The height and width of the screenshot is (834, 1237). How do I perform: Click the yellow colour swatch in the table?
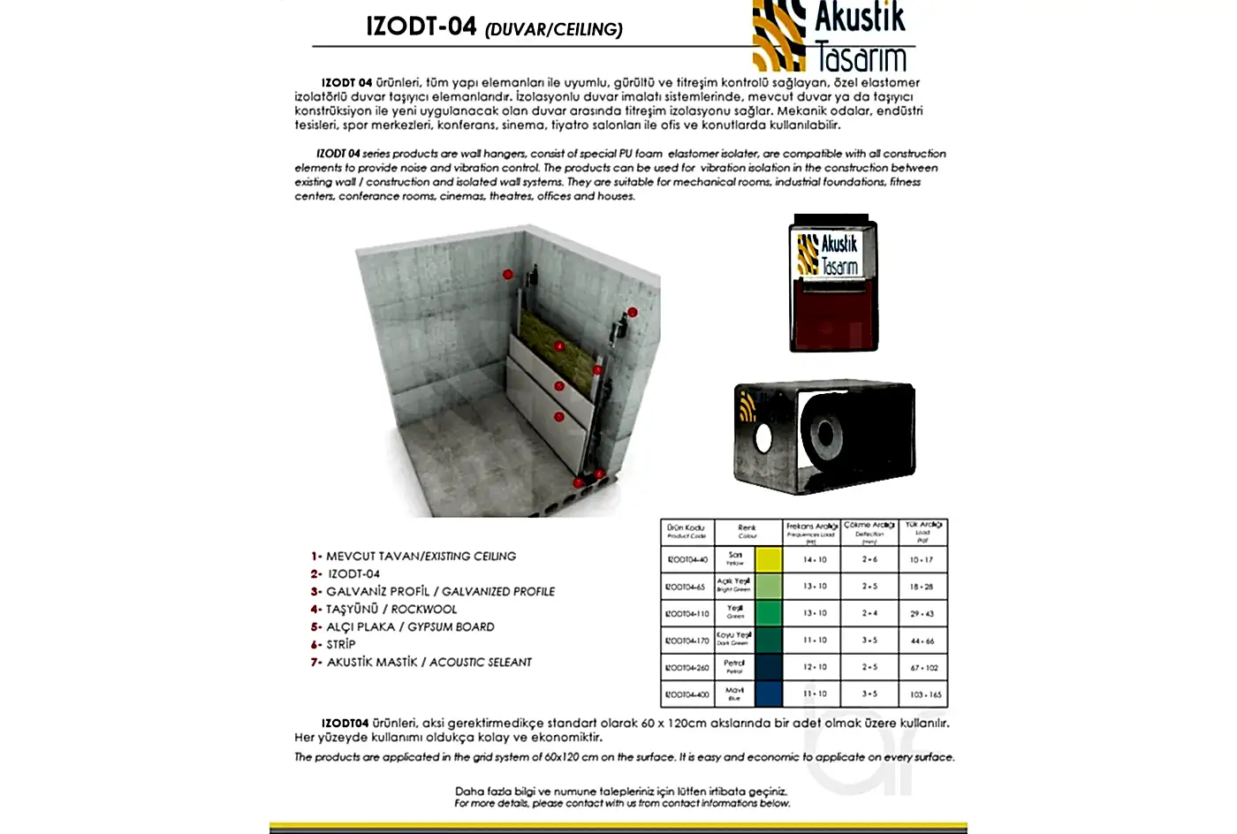[x=769, y=559]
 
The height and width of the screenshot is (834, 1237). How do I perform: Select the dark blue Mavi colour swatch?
[x=769, y=694]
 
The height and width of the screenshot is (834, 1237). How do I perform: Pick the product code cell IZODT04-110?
[x=687, y=613]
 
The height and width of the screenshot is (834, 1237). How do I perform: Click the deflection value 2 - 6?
[x=869, y=559]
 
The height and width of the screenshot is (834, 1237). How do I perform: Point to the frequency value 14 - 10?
[x=815, y=559]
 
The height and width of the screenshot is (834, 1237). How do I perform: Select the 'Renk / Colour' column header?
[x=748, y=531]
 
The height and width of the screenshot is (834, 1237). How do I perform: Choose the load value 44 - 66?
[x=922, y=641]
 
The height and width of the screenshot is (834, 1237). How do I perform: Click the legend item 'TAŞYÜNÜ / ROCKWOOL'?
[x=391, y=609]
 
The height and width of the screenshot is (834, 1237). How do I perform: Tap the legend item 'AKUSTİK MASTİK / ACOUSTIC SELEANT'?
[x=429, y=662]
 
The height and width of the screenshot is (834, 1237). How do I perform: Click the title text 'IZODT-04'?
[x=421, y=27]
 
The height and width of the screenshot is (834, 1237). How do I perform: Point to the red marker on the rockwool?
[x=558, y=346]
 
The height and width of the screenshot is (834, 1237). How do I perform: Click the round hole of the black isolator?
[x=763, y=437]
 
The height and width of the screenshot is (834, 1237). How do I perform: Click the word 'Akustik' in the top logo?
[x=861, y=17]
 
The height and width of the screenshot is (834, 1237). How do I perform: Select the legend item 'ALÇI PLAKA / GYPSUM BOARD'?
[x=410, y=626]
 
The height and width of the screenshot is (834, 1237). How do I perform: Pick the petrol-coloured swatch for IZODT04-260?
[x=769, y=667]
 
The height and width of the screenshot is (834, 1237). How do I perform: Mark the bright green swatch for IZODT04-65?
[x=769, y=586]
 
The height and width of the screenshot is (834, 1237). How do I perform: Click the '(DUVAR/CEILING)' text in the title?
[x=554, y=30]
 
